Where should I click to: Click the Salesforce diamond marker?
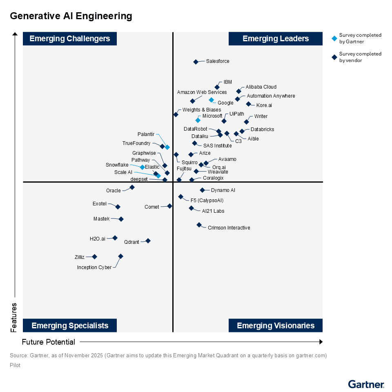pyautogui.click(x=196, y=62)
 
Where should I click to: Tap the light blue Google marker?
pyautogui.click(x=211, y=100)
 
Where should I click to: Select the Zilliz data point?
pyautogui.click(x=94, y=257)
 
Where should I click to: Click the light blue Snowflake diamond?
pyautogui.click(x=142, y=167)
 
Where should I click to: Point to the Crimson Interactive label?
pyautogui.click(x=229, y=228)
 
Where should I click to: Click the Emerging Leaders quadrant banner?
pyautogui.click(x=275, y=39)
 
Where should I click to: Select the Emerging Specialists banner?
pyautogui.click(x=70, y=325)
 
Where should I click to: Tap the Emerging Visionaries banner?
pyautogui.click(x=275, y=325)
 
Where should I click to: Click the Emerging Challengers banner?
pyautogui.click(x=70, y=39)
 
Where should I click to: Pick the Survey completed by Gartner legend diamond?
pyautogui.click(x=334, y=38)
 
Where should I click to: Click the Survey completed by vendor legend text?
pyautogui.click(x=360, y=57)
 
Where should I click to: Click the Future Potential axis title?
pyautogui.click(x=49, y=342)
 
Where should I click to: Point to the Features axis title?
pyautogui.click(x=14, y=317)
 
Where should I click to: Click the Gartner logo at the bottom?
pyautogui.click(x=366, y=384)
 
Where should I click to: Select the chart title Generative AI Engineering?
pyautogui.click(x=71, y=16)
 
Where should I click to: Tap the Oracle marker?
pyautogui.click(x=132, y=187)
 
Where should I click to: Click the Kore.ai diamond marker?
pyautogui.click(x=248, y=104)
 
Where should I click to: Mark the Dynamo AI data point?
pyautogui.click(x=202, y=190)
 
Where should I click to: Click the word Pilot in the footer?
pyautogui.click(x=15, y=365)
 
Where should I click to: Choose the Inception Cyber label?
pyautogui.click(x=94, y=267)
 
